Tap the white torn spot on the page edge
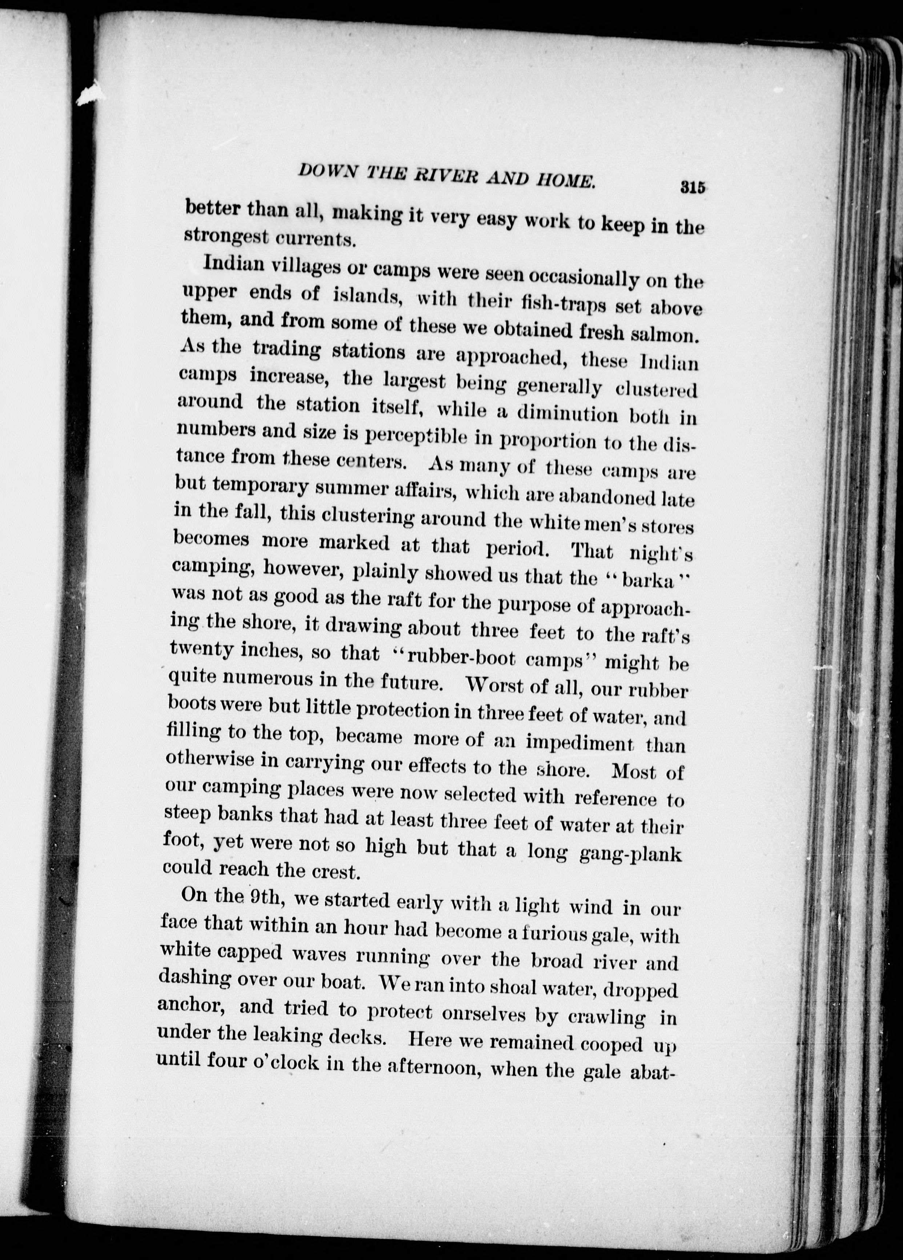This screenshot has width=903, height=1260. point(89,95)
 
